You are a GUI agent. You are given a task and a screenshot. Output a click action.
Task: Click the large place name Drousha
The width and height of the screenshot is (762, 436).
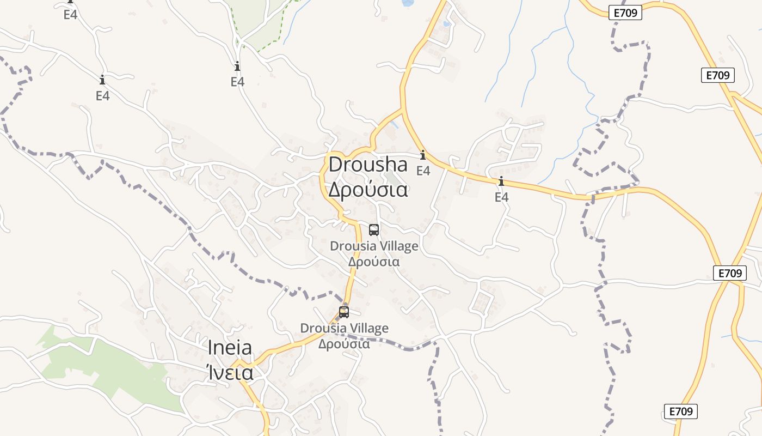click(x=367, y=164)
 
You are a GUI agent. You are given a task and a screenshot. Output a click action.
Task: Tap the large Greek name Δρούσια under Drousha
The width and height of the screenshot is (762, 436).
click(x=367, y=190)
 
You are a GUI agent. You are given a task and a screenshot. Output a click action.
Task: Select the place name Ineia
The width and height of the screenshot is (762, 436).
click(x=230, y=348)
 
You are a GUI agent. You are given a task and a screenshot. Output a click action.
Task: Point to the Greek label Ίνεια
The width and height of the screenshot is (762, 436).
click(x=230, y=373)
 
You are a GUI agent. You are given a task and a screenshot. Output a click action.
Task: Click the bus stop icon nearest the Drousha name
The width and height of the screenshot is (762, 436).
click(x=373, y=229)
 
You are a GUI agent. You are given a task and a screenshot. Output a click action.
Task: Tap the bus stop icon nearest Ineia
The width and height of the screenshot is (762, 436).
click(x=343, y=312)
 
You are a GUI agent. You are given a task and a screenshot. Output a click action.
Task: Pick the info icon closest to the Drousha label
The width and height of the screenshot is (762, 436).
click(x=423, y=155)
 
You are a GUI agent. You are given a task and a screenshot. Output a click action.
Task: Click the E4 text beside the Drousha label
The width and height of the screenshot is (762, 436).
click(x=423, y=171)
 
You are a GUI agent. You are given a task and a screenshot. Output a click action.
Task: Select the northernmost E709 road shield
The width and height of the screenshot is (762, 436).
click(x=625, y=13)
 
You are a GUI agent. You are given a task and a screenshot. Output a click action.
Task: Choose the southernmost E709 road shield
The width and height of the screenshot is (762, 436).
click(x=680, y=411)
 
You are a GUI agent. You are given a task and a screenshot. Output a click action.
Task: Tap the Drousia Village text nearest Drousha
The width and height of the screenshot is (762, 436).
click(x=374, y=246)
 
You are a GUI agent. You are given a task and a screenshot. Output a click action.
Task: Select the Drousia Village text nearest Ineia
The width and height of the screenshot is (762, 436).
click(x=344, y=329)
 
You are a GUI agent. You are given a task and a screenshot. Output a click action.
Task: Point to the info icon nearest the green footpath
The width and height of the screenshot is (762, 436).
click(x=237, y=66)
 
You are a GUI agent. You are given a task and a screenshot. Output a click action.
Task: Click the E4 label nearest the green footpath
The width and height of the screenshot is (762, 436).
click(x=237, y=82)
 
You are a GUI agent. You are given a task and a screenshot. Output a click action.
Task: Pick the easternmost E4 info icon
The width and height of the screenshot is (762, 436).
click(x=501, y=181)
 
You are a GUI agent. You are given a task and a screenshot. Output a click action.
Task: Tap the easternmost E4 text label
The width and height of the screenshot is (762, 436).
click(x=501, y=197)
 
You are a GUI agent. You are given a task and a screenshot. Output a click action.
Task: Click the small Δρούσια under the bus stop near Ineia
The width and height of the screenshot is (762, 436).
click(x=344, y=344)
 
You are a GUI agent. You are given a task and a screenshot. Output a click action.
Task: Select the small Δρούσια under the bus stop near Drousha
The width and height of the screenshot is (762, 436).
click(x=374, y=262)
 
